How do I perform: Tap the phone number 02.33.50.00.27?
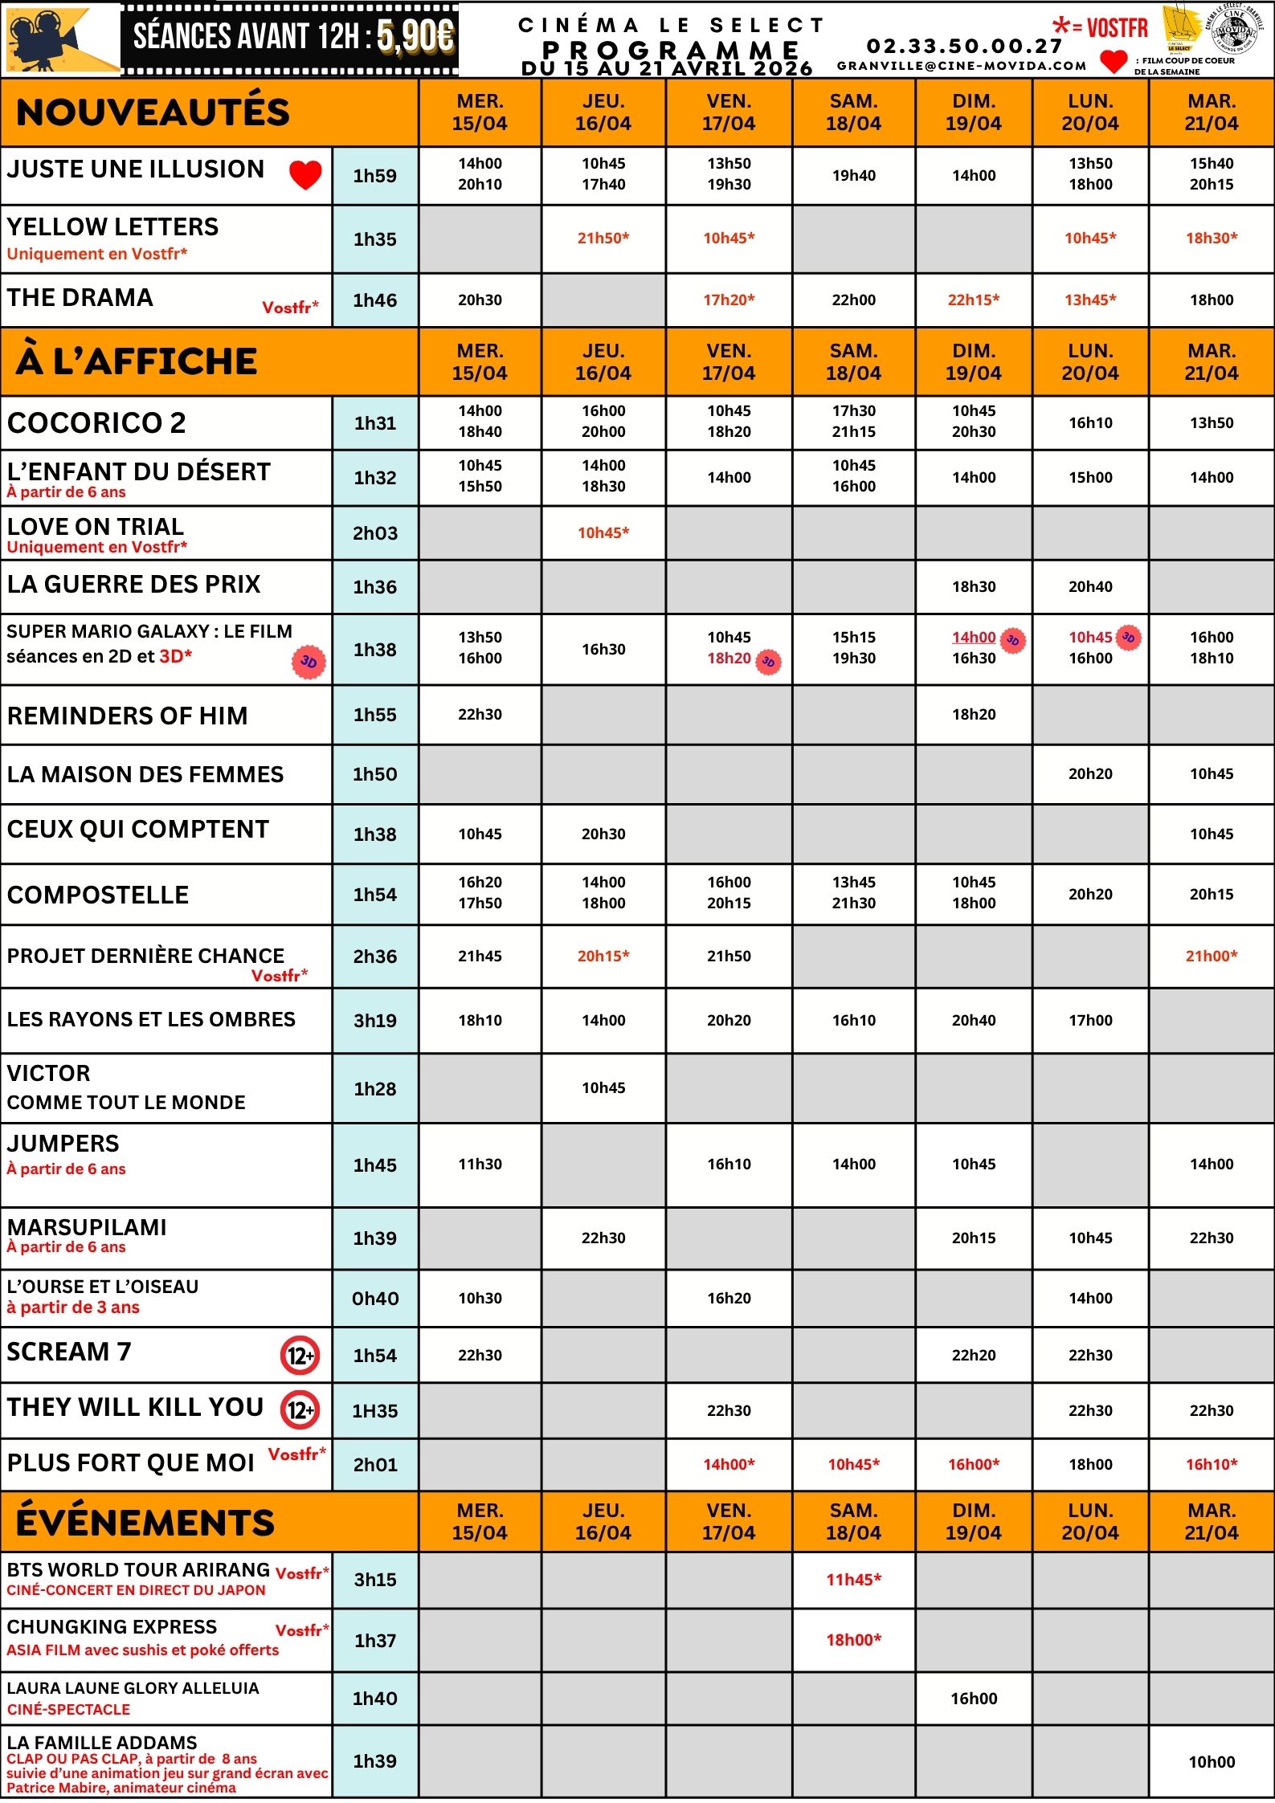coord(964,47)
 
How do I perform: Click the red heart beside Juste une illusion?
coord(305,174)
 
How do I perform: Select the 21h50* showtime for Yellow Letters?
coord(603,238)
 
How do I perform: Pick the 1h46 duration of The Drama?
coord(375,300)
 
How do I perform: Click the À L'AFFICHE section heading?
coord(137,361)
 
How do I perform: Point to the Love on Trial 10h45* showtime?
coord(603,532)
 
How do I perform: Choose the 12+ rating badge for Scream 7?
coord(300,1356)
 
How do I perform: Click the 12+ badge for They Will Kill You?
coord(300,1410)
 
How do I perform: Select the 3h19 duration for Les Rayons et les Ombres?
coord(375,1021)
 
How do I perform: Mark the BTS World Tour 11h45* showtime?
coord(854,1580)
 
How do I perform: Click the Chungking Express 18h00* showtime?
coord(854,1640)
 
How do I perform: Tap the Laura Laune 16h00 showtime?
coord(974,1699)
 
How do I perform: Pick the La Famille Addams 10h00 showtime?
coord(1212,1762)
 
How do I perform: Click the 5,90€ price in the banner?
coord(415,37)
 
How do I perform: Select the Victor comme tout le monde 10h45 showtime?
coord(603,1088)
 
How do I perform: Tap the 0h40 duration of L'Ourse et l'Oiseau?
coord(375,1299)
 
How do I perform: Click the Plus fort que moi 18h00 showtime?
coord(1090,1464)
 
